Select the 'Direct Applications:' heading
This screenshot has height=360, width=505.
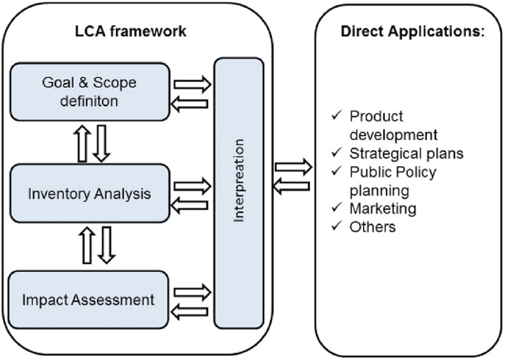coord(413,31)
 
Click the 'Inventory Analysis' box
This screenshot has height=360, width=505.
coord(89,193)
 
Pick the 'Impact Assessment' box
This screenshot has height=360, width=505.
coord(88,299)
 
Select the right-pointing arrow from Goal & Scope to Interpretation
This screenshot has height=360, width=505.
coord(192,84)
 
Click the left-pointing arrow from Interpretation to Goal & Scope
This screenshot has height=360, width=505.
coord(190,104)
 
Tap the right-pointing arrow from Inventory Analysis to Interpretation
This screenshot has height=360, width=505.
coord(192,185)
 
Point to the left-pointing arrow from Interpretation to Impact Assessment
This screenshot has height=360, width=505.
coord(190,312)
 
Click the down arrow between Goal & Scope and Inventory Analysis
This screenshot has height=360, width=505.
coord(101,143)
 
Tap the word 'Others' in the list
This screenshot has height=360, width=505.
coord(372,227)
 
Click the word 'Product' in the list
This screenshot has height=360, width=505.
coord(376,116)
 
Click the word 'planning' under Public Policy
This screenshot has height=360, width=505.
coord(379,190)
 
